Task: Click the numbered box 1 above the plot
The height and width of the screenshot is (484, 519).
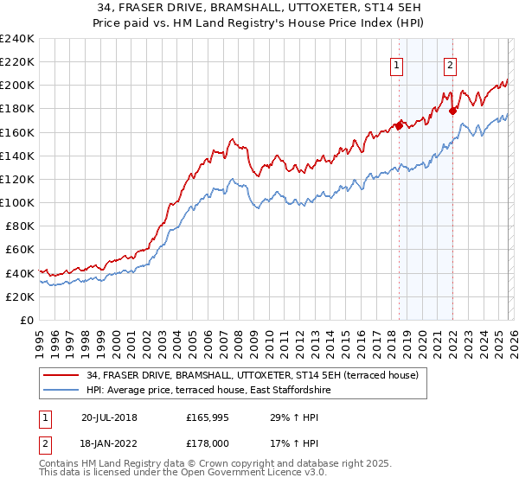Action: click(x=396, y=63)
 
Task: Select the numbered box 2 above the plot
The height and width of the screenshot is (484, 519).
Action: click(x=451, y=63)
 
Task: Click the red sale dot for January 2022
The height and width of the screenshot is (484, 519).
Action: click(x=452, y=110)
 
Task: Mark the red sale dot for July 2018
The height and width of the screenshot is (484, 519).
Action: click(x=399, y=124)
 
